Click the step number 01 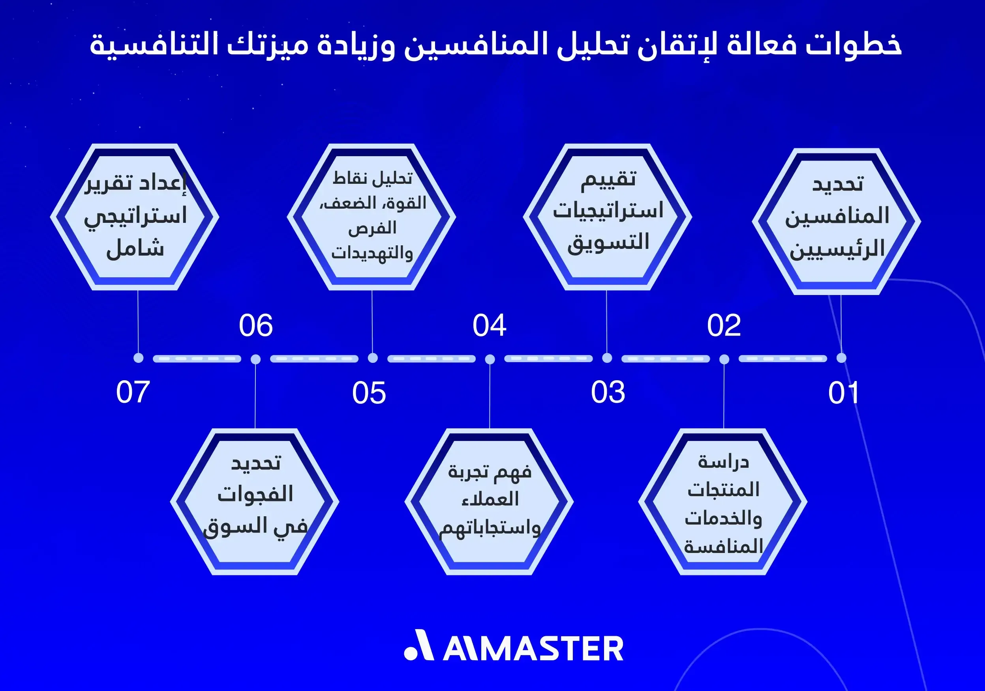tap(843, 393)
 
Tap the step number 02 tap(724, 325)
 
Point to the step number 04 tap(490, 325)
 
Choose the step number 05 tap(369, 393)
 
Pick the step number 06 tap(256, 325)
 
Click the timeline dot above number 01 tap(841, 358)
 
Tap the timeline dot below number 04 tap(490, 359)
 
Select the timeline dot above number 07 tap(138, 358)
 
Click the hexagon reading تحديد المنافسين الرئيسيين tap(837, 221)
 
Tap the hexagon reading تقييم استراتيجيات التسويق tap(608, 217)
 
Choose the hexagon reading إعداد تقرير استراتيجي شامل tap(135, 217)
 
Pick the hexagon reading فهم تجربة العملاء tap(489, 502)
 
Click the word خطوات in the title tap(853, 45)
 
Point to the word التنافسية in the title tap(155, 45)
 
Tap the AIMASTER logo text tap(533, 648)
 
